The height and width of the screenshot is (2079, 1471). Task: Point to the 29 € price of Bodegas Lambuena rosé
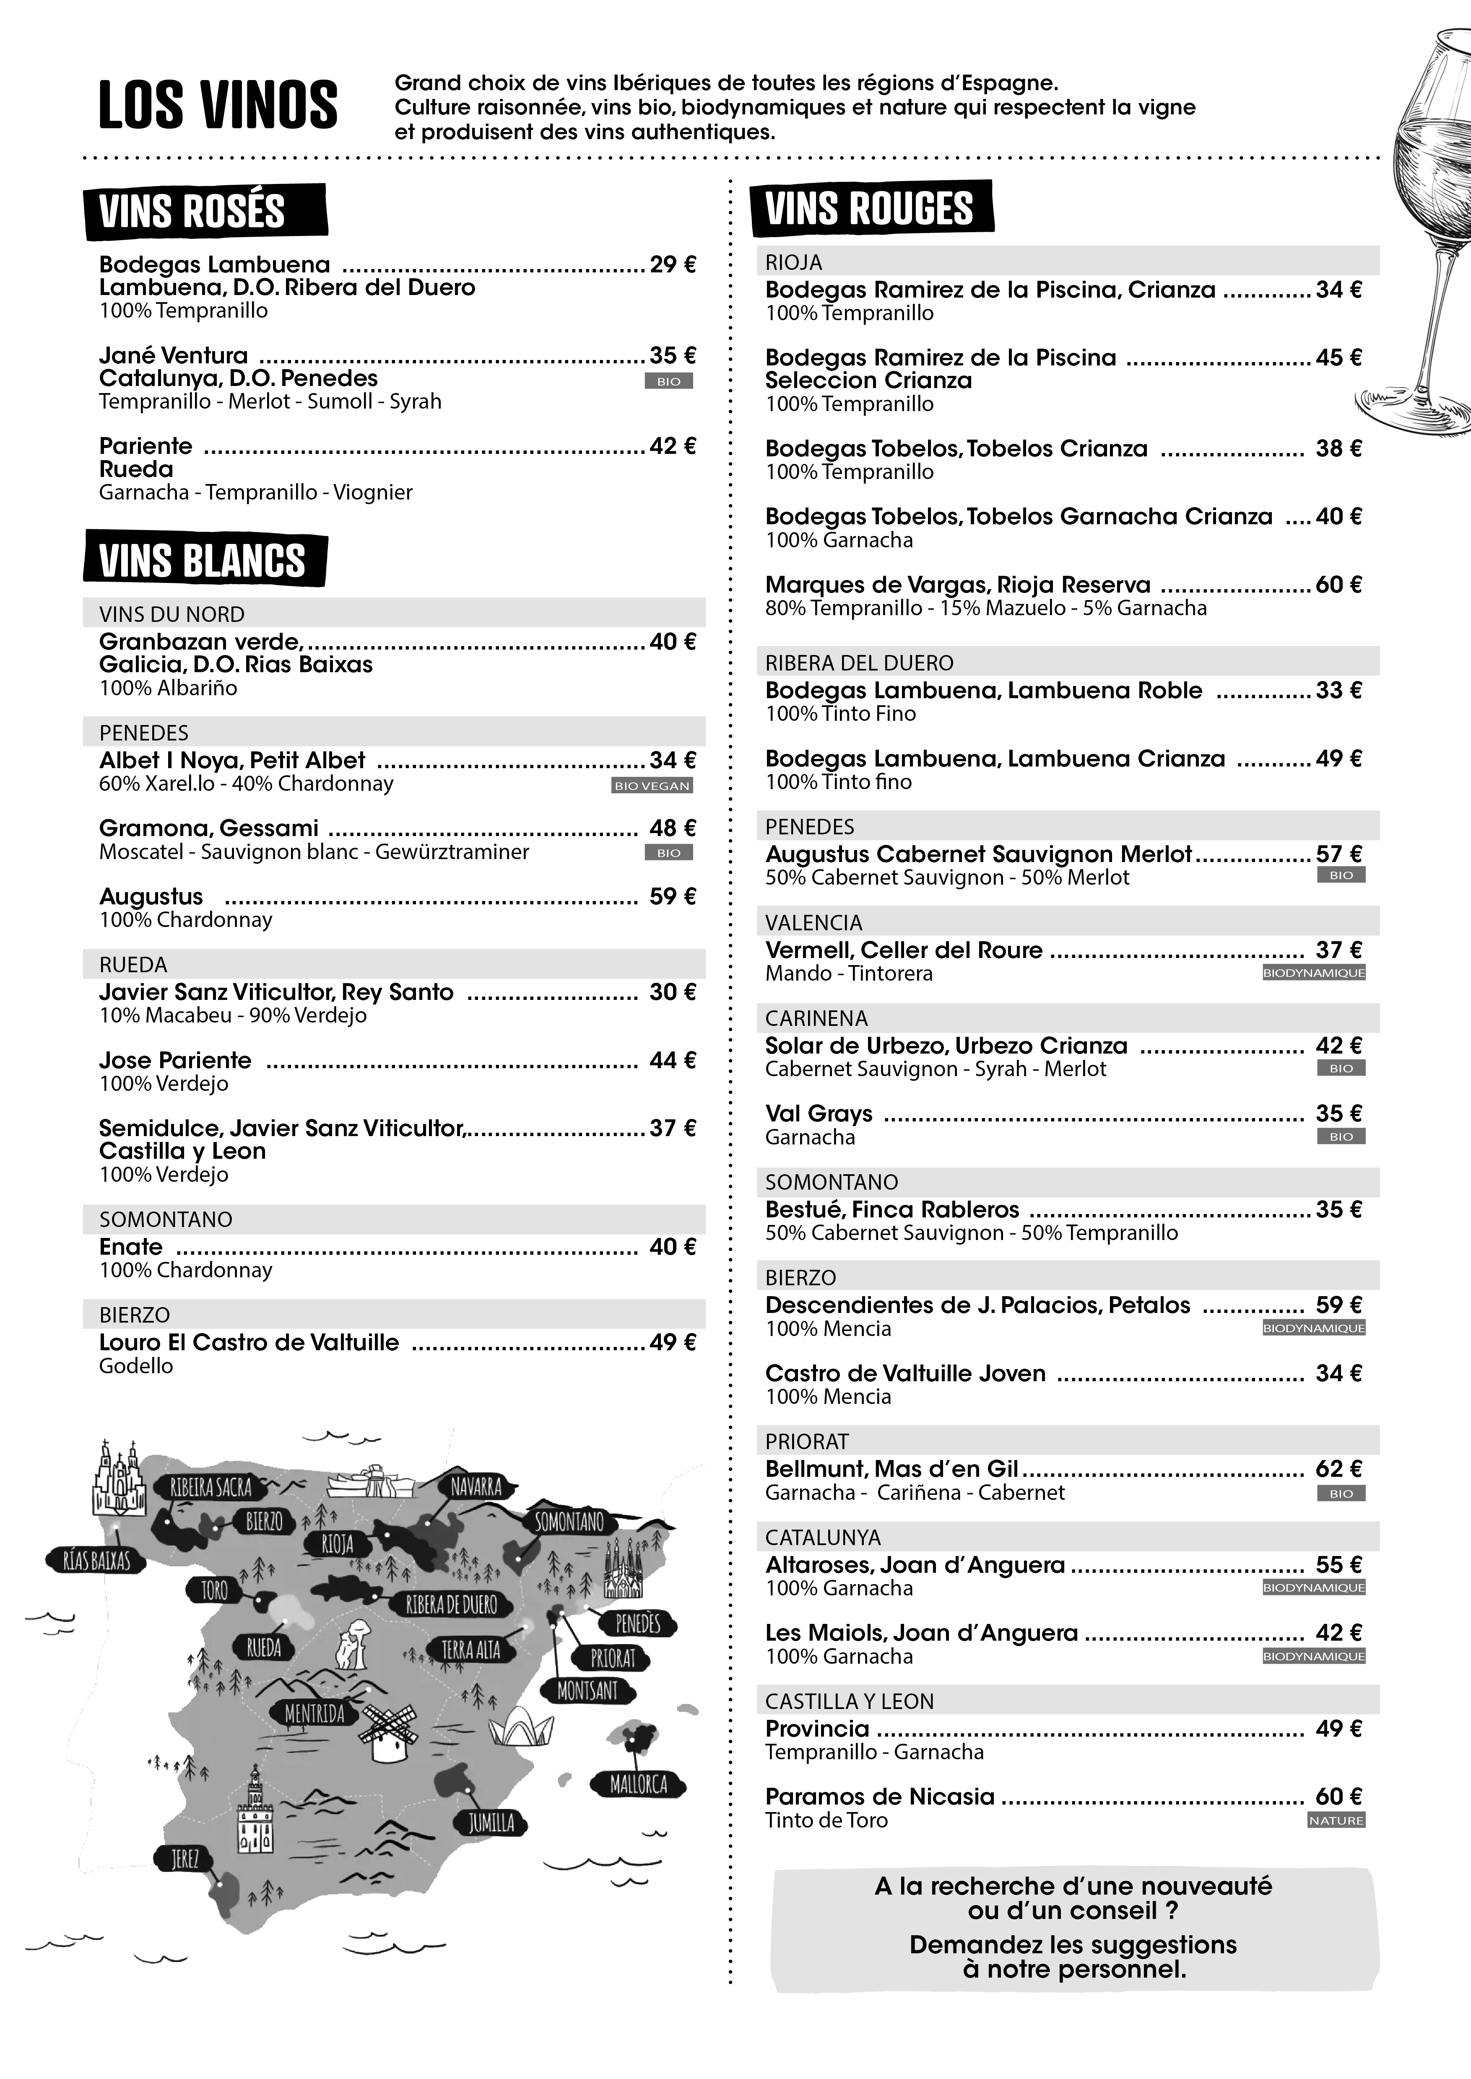click(x=672, y=264)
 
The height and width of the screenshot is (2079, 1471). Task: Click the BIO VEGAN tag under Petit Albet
click(x=652, y=786)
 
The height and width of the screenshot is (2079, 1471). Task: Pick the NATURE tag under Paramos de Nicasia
click(x=1336, y=1820)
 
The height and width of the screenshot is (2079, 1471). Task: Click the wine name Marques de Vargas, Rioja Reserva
click(x=957, y=585)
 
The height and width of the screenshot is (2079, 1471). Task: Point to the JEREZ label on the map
click(x=185, y=1859)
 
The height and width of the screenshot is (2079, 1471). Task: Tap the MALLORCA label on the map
click(x=639, y=1785)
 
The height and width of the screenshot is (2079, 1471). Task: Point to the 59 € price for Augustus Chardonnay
click(x=672, y=896)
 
